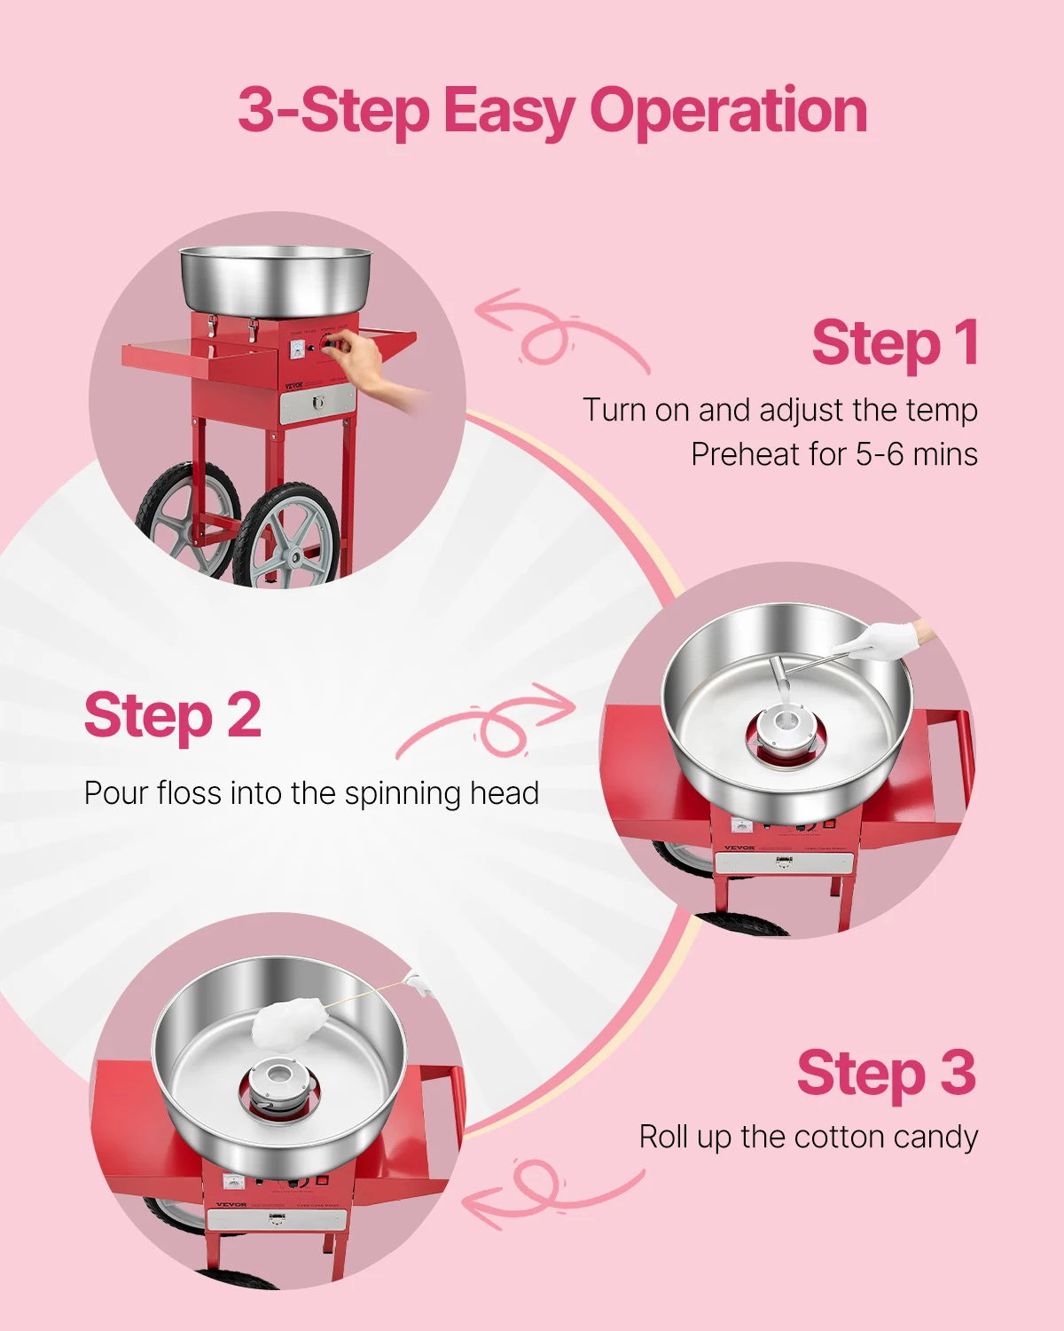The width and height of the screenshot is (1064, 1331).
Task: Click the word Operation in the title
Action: [728, 112]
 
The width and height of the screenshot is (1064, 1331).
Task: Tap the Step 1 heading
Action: [895, 343]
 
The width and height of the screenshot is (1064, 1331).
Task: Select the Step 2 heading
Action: [173, 716]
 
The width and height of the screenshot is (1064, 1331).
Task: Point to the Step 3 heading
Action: [886, 1074]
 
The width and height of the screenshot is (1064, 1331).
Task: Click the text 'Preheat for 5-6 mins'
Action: [834, 454]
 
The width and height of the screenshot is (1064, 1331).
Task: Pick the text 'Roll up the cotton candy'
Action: [808, 1137]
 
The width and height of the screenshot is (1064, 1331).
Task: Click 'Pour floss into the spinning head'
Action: [311, 793]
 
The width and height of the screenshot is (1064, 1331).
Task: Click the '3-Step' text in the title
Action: [333, 112]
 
